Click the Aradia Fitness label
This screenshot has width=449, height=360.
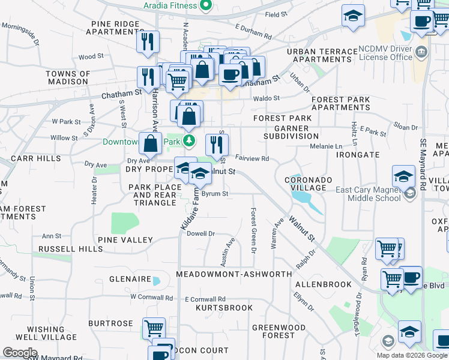(x=170, y=5)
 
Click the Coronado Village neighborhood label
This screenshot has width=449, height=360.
(x=305, y=184)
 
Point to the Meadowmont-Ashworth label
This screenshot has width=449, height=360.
(x=234, y=274)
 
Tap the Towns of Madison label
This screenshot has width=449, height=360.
(x=68, y=78)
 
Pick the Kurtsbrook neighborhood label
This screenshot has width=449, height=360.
(x=224, y=308)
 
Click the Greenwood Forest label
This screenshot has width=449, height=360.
(x=279, y=331)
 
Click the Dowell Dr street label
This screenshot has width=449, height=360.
(x=201, y=233)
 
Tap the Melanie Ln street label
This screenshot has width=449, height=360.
(x=325, y=146)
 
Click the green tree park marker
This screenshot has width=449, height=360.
(x=190, y=141)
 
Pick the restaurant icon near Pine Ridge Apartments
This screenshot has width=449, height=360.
(x=146, y=41)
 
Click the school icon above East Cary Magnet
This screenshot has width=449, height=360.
(x=403, y=176)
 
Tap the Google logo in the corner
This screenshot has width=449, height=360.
(x=20, y=353)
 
